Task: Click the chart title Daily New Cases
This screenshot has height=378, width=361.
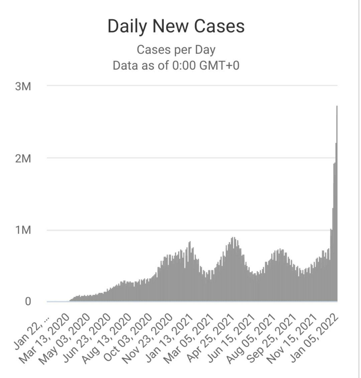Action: (176, 26)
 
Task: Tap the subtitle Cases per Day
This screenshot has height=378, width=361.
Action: (176, 50)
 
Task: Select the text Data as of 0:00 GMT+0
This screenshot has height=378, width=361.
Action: (176, 65)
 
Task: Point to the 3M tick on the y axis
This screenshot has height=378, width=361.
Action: (23, 86)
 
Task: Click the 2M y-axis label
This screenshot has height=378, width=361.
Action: (23, 158)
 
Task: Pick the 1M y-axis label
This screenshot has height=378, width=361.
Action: (23, 230)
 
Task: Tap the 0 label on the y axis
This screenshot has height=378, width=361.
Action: (28, 301)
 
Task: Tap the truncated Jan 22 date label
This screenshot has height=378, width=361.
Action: (31, 333)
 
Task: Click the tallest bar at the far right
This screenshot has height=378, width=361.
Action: (337, 204)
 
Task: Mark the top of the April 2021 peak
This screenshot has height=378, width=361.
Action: (233, 237)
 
